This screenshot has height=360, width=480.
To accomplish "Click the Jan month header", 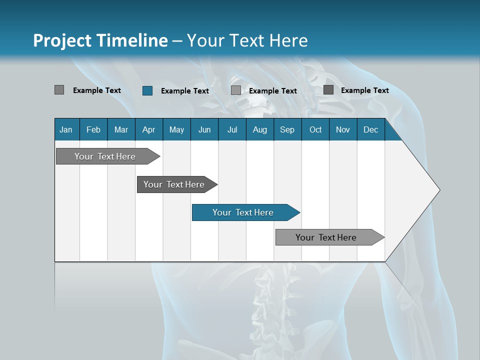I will [x=66, y=129].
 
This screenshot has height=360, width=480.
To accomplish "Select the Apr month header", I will [x=148, y=129].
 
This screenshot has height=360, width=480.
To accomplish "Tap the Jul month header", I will [x=232, y=129].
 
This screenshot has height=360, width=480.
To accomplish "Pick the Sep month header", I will [x=287, y=129].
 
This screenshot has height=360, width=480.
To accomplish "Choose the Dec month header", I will [x=370, y=129].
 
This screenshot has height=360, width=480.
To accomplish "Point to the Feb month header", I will [x=93, y=129].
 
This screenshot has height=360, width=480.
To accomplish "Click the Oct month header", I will [x=315, y=129].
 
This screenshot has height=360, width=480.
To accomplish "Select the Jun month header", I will [x=204, y=129].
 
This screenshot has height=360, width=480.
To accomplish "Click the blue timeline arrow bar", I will [x=245, y=212].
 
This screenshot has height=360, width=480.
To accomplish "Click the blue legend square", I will [x=147, y=90].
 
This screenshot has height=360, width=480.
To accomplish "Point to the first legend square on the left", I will [x=59, y=90].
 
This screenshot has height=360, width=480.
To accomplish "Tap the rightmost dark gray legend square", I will [x=328, y=90].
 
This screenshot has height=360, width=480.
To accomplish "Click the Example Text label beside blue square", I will [x=185, y=91].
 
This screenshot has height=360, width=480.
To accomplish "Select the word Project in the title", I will [x=62, y=40].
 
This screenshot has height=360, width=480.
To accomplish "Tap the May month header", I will [x=176, y=129].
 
